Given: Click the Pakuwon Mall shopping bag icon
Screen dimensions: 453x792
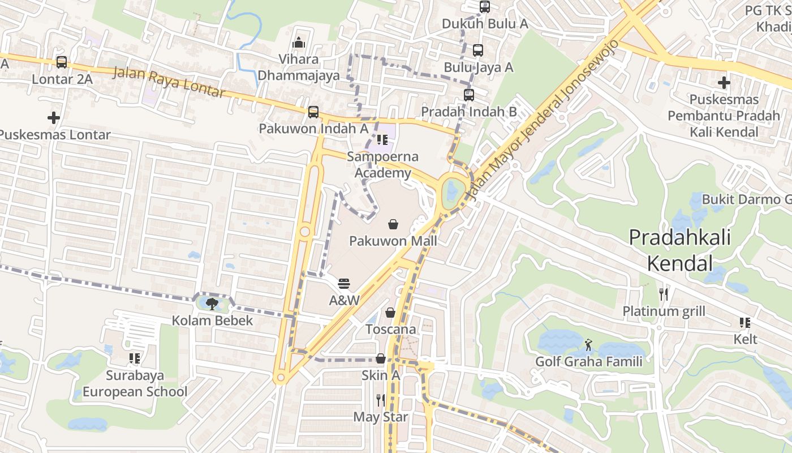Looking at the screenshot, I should [x=393, y=225].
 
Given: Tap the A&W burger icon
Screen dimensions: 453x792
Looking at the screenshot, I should [x=344, y=283].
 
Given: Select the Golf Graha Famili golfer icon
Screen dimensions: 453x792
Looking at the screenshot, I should [x=589, y=344].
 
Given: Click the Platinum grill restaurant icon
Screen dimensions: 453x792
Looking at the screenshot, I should [x=664, y=294].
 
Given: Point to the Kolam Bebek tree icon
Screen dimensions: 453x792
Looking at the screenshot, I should [x=212, y=304].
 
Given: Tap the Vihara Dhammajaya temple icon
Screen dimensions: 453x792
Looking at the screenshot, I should [x=299, y=42].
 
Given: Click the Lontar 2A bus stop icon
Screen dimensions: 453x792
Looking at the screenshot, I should [x=61, y=62].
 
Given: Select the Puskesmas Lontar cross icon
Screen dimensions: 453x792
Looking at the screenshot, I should [x=54, y=118].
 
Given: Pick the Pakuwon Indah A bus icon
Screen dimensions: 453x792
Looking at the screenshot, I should [x=313, y=112].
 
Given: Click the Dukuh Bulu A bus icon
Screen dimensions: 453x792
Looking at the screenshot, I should [x=485, y=7].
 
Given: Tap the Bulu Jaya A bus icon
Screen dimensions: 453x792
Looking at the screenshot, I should [x=478, y=50].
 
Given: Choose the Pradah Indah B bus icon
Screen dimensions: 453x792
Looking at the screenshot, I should [x=469, y=95].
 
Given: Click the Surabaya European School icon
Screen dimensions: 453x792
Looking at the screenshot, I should [x=135, y=358].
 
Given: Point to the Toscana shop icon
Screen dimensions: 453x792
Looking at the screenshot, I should [x=390, y=313].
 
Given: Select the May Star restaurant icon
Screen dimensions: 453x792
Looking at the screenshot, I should [x=381, y=400].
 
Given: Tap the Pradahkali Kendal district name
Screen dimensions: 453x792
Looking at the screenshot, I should [x=679, y=250].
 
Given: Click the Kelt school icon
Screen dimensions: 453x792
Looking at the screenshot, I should [x=745, y=323].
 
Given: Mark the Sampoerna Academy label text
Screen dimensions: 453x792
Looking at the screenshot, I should [x=383, y=165].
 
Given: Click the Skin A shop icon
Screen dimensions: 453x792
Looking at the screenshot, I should [x=381, y=358].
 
